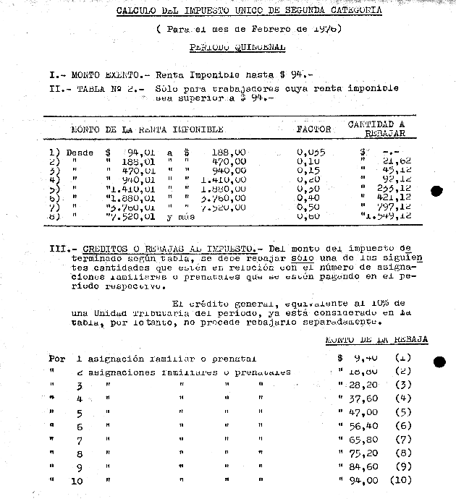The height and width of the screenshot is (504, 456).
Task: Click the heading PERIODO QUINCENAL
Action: click(x=237, y=48)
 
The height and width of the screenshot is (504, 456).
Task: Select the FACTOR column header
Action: click(x=313, y=129)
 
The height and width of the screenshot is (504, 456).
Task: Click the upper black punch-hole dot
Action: click(x=436, y=192)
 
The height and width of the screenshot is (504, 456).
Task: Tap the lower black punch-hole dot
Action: click(x=439, y=362)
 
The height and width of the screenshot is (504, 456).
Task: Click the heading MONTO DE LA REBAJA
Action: click(x=376, y=339)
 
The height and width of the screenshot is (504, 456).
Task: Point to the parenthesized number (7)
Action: click(x=403, y=440)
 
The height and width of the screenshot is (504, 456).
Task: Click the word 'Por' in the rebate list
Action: click(x=56, y=358)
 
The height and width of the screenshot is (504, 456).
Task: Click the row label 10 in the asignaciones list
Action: click(x=78, y=481)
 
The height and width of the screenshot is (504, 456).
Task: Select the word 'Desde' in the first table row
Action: click(x=80, y=153)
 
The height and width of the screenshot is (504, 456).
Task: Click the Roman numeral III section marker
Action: click(x=57, y=248)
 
